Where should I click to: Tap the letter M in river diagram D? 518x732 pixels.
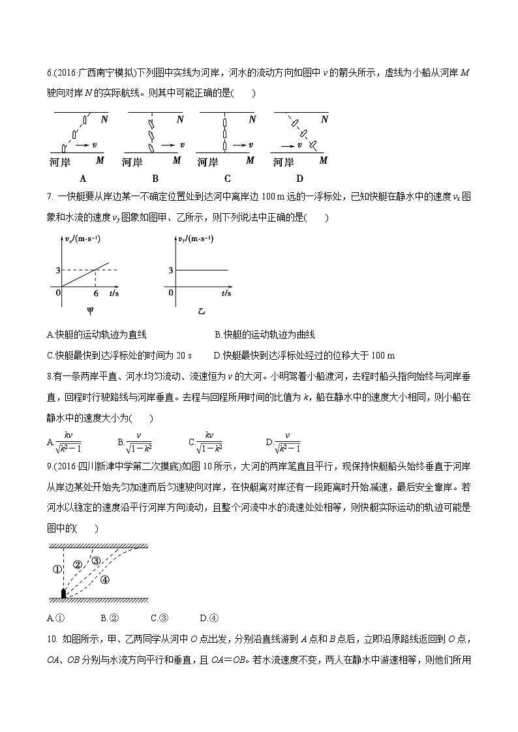point(323,160)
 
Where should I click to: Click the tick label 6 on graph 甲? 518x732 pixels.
point(96,294)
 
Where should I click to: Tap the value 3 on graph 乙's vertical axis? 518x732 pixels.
point(170,270)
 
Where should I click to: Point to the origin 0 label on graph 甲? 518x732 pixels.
point(58,293)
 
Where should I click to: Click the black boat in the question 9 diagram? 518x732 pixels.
point(63,593)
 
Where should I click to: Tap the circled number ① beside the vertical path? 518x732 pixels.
point(55,569)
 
